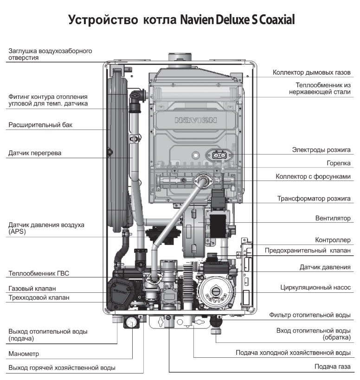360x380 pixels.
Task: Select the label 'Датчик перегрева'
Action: [35, 153]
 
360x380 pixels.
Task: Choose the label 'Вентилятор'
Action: [330, 218]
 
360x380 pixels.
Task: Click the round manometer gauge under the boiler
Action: [132, 321]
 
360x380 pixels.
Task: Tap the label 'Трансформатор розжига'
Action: [314, 199]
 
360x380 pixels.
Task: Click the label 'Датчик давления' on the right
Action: [325, 267]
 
